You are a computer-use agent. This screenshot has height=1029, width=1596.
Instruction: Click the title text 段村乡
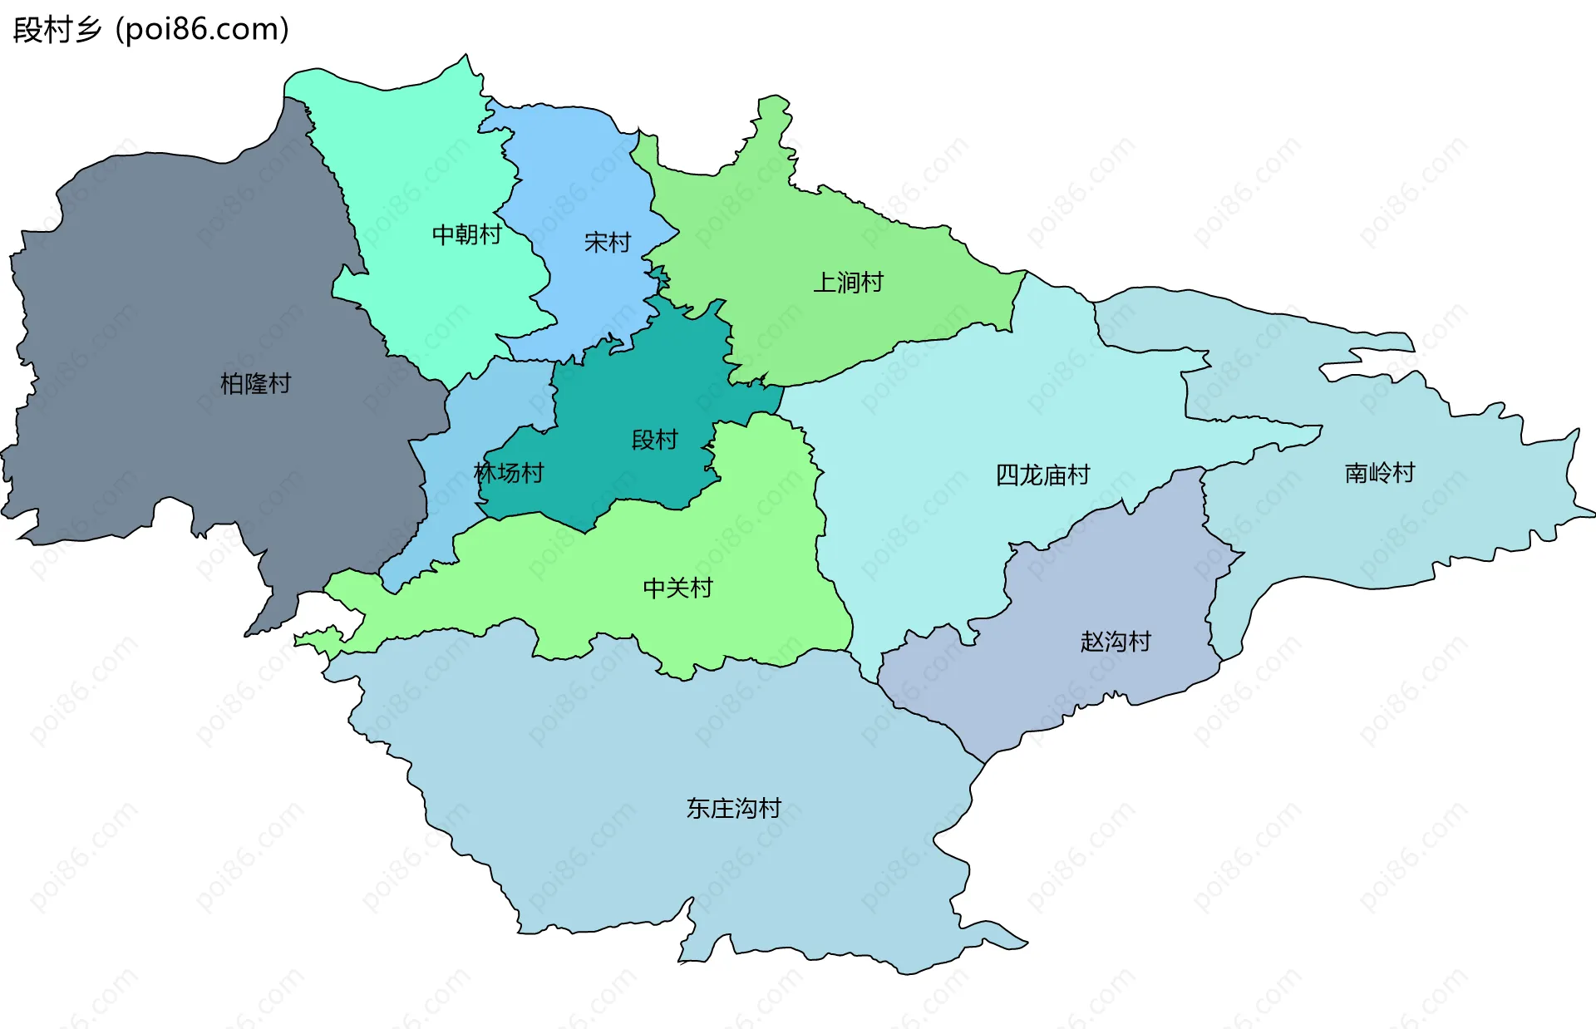click(57, 30)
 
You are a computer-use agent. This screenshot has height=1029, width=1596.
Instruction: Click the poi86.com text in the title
click(202, 30)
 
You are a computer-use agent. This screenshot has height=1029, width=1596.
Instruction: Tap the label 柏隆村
click(255, 384)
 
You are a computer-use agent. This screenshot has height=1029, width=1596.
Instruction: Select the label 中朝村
click(466, 235)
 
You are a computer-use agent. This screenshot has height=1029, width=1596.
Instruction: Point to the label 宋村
click(608, 243)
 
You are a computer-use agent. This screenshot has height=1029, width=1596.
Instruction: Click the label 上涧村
click(848, 283)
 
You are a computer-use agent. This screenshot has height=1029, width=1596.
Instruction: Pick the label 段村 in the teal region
click(655, 440)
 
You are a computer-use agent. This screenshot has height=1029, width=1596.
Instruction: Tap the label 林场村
click(509, 473)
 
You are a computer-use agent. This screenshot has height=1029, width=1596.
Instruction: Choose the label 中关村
click(678, 588)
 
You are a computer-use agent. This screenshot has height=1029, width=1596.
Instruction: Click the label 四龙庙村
click(1042, 475)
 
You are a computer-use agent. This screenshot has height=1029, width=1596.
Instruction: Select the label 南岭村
click(1380, 474)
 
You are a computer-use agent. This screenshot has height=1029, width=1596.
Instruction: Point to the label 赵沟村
click(1116, 642)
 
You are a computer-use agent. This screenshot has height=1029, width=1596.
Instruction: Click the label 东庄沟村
click(733, 809)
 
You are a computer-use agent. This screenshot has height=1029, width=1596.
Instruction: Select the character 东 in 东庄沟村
click(698, 809)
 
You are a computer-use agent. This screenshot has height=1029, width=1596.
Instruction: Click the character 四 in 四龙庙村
click(1007, 475)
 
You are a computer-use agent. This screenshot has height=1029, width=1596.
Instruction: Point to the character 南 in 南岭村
click(1357, 474)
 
